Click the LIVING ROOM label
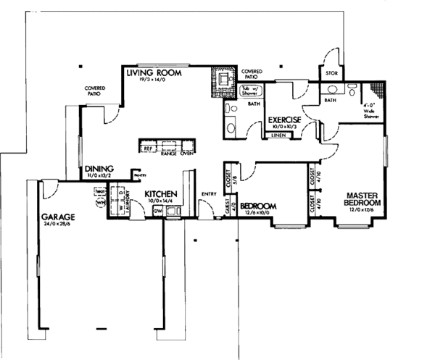(154, 74)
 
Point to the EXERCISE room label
(284, 120)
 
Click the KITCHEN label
(161, 195)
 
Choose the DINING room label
(99, 167)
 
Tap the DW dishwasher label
(157, 211)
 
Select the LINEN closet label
(275, 135)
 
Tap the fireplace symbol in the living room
(221, 78)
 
